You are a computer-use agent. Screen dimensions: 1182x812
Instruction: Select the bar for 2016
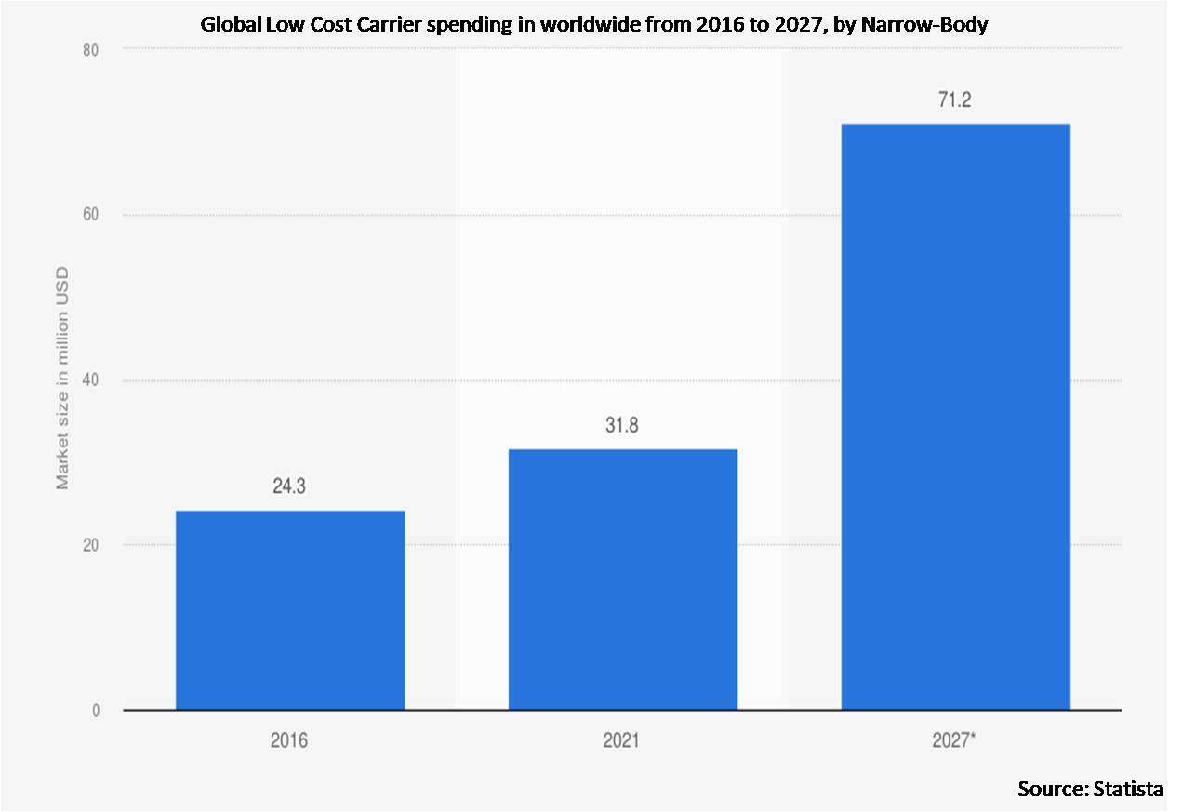[x=290, y=610]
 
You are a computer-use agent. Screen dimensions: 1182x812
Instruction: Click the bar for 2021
[x=623, y=579]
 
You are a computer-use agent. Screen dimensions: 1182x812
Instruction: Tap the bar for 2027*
[x=956, y=417]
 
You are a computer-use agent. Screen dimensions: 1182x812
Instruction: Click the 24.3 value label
[x=289, y=486]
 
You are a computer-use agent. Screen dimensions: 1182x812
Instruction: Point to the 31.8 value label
[x=622, y=425]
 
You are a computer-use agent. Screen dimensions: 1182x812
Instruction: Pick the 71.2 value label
[x=954, y=100]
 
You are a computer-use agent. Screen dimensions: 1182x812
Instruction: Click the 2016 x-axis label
[x=289, y=740]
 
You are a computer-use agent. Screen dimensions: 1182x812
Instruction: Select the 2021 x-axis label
[x=621, y=740]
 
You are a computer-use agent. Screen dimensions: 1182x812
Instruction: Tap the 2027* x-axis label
[x=954, y=739]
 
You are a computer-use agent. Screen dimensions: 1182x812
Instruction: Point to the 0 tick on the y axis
[x=96, y=711]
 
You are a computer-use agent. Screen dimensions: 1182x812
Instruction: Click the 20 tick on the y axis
[x=91, y=545]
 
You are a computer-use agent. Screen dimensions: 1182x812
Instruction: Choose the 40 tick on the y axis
[x=91, y=379]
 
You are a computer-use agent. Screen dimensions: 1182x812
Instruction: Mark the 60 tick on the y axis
[x=91, y=214]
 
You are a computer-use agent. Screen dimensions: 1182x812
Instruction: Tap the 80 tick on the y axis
[x=91, y=50]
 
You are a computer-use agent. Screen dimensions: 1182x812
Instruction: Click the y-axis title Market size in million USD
[x=62, y=378]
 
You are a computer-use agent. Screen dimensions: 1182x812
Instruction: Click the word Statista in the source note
[x=1128, y=789]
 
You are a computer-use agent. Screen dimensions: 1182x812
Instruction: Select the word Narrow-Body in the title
[x=924, y=24]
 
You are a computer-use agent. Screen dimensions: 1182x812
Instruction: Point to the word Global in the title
[x=231, y=24]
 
